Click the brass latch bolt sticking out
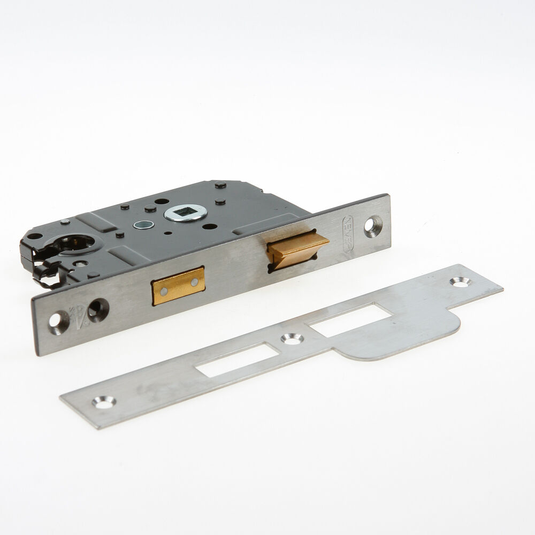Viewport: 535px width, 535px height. pos(295,248)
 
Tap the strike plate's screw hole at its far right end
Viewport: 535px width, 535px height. pos(459,281)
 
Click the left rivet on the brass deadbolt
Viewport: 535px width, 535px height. pos(164,291)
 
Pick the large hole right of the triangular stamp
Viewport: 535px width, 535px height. pos(100,307)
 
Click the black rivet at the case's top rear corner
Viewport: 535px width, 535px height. pos(218,186)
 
